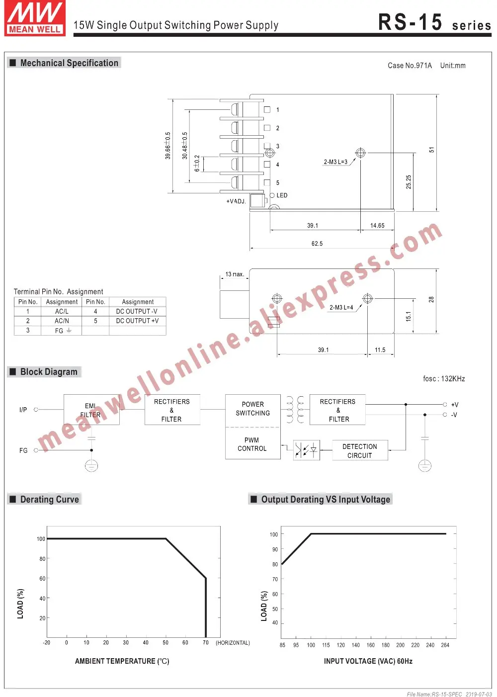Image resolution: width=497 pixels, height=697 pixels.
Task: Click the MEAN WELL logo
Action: click(35, 18)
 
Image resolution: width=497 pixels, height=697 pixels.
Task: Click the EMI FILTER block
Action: click(91, 410)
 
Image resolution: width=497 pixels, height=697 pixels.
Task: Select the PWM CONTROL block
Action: click(252, 443)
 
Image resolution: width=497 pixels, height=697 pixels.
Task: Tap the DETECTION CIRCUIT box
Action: click(360, 450)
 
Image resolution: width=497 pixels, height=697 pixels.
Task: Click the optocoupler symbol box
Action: click(306, 450)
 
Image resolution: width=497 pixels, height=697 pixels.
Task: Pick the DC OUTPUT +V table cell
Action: click(137, 321)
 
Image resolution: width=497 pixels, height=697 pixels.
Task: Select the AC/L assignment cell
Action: click(62, 312)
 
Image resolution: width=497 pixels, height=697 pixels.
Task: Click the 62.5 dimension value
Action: click(317, 244)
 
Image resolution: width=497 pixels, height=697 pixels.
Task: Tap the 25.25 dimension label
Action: click(409, 182)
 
